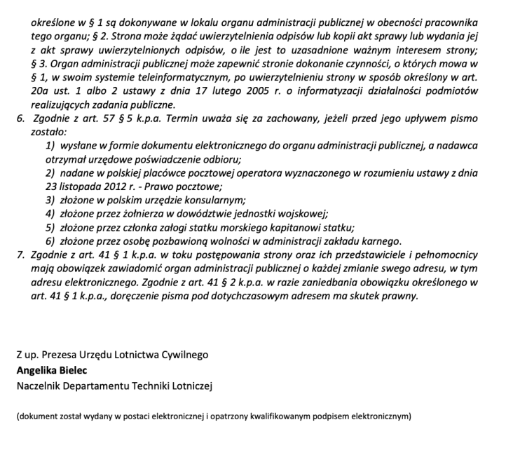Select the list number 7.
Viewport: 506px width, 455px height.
pos(20,254)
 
